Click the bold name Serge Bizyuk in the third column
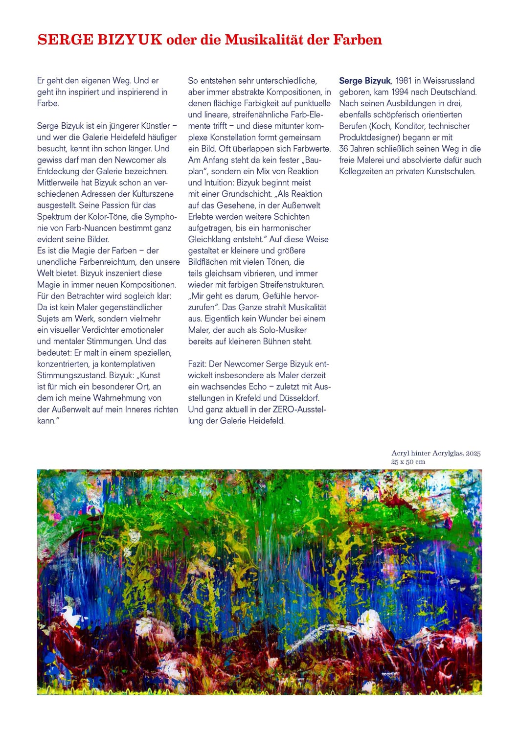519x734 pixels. (365, 81)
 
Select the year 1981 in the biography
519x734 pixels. (404, 81)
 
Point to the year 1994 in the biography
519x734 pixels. (400, 92)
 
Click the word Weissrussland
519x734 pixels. (449, 81)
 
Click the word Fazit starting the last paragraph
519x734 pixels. (197, 364)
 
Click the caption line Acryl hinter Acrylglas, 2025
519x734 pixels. (436, 454)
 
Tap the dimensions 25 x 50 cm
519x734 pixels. (408, 462)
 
